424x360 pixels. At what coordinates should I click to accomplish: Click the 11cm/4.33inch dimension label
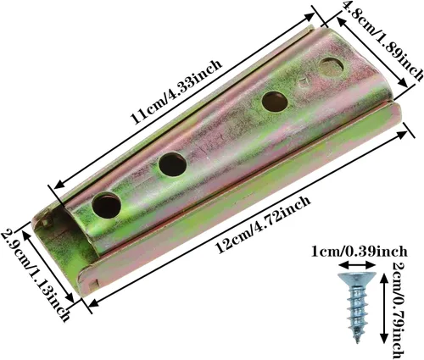pos(176,91)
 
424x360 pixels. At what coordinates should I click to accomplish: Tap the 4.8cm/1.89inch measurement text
pos(383,40)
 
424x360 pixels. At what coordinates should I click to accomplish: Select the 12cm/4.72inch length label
pos(263,224)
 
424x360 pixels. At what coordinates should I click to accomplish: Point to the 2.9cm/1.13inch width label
pos(36,275)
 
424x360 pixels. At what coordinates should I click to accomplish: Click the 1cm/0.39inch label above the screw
pos(359,251)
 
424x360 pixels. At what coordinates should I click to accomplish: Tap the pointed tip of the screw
pos(358,341)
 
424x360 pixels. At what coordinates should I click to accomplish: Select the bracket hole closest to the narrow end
pos(107,205)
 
